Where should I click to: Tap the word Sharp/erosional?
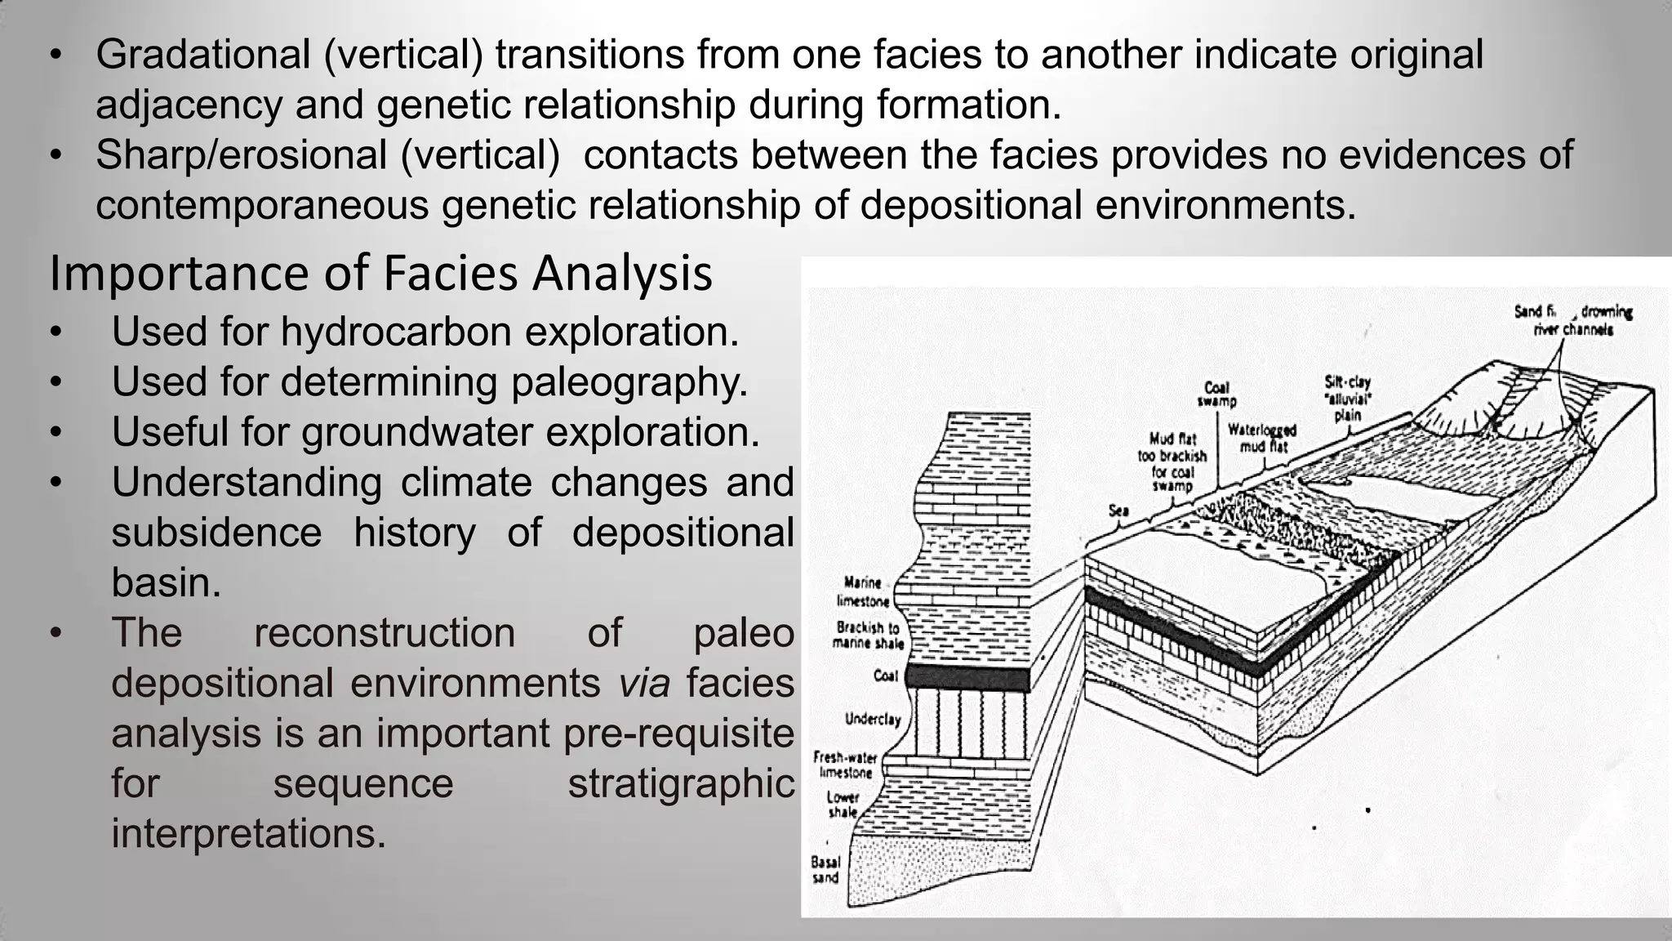click(241, 155)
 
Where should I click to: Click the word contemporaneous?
click(262, 206)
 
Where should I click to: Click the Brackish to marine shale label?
click(868, 636)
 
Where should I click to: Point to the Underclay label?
click(872, 719)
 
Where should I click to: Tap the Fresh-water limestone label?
click(845, 765)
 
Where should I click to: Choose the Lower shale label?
click(843, 805)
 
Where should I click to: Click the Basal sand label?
click(825, 870)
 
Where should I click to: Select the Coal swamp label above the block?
click(1216, 395)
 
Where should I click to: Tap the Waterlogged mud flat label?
click(1261, 439)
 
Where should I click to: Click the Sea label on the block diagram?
click(1118, 511)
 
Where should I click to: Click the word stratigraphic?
click(681, 784)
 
